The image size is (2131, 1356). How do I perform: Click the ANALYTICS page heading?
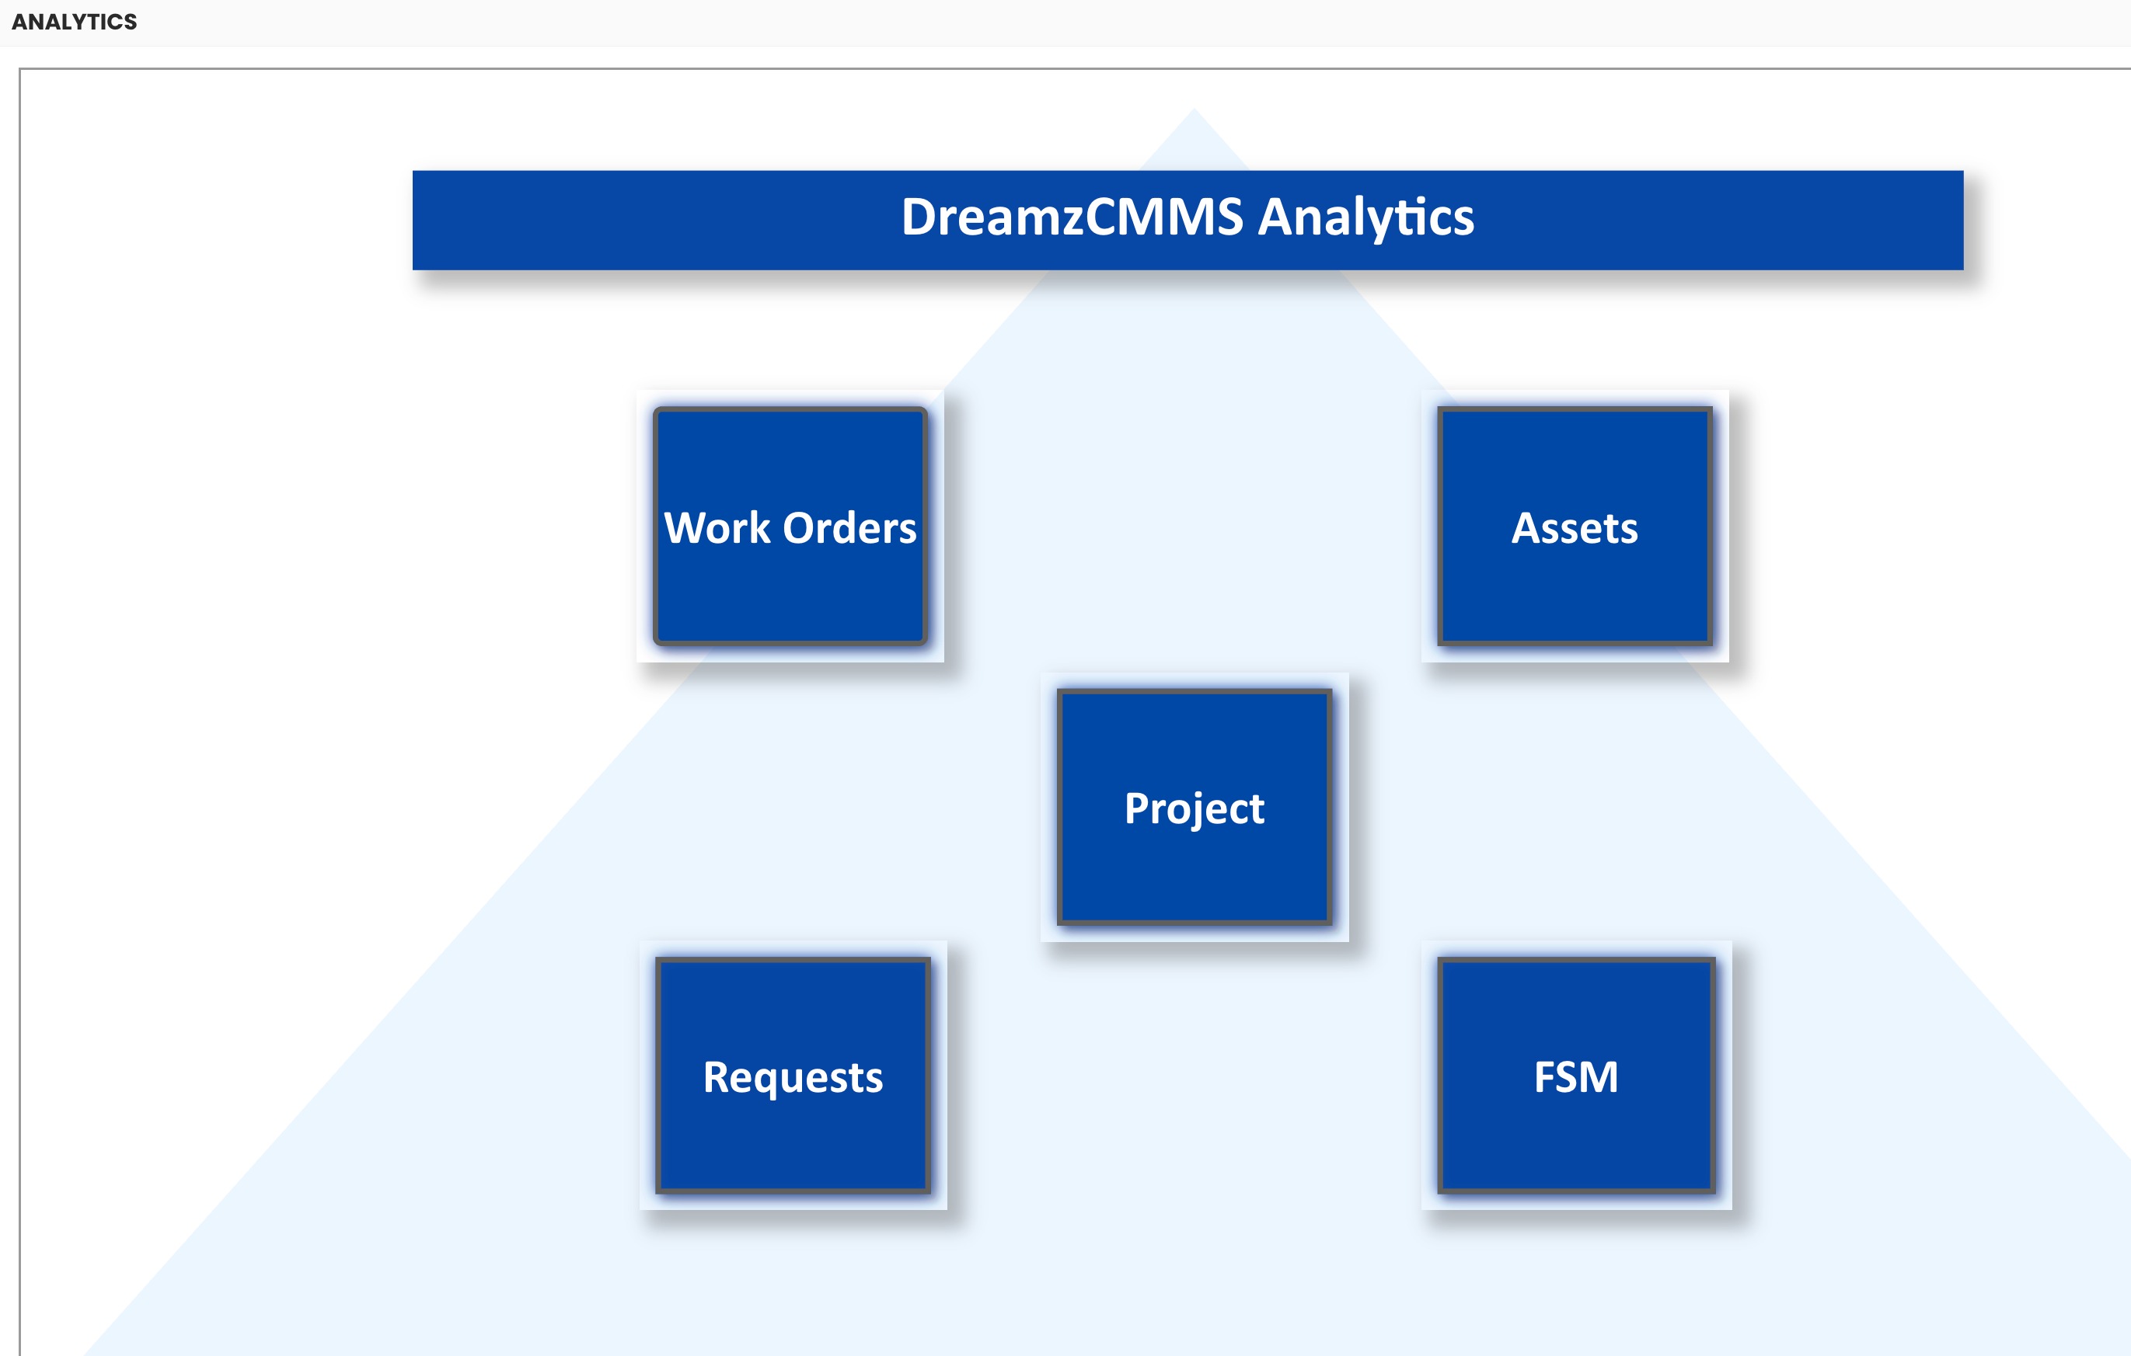(x=75, y=22)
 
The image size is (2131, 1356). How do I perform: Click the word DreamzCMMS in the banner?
(x=1072, y=217)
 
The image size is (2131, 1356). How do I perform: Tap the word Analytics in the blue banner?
(x=1365, y=218)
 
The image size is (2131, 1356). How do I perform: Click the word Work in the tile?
(x=717, y=528)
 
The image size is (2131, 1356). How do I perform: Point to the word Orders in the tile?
(x=849, y=528)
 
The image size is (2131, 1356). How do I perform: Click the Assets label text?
(x=1575, y=528)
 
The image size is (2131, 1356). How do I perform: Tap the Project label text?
(x=1194, y=808)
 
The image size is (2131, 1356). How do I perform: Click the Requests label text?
(x=793, y=1077)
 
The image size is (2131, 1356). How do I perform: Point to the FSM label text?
(x=1576, y=1077)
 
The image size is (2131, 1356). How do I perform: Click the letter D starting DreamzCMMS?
(x=920, y=217)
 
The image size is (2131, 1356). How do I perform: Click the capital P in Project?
(x=1136, y=808)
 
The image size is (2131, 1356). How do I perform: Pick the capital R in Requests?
(x=717, y=1076)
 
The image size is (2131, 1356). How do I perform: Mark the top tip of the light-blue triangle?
(x=1194, y=110)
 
